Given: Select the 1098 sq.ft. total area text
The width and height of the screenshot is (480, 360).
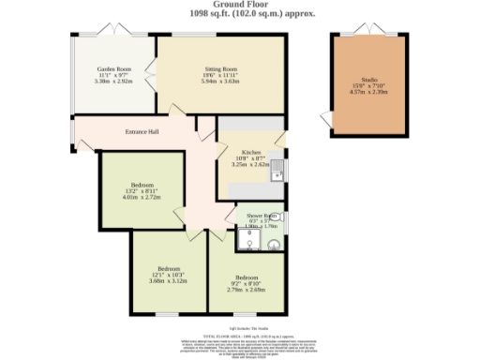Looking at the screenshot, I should click(x=239, y=14).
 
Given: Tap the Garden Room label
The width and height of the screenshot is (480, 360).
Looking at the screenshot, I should click(x=116, y=69).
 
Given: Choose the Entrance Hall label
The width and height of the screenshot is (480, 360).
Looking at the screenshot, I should click(x=142, y=131).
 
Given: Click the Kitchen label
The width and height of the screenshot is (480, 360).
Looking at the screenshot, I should click(x=250, y=152).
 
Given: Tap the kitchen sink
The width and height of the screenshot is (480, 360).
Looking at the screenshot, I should click(x=278, y=172).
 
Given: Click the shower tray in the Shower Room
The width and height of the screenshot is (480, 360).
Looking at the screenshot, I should click(x=247, y=243).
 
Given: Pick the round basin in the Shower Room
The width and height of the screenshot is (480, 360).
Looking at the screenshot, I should click(x=274, y=247).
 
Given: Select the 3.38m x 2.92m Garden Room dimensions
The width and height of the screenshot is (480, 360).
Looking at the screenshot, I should click(x=116, y=82).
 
